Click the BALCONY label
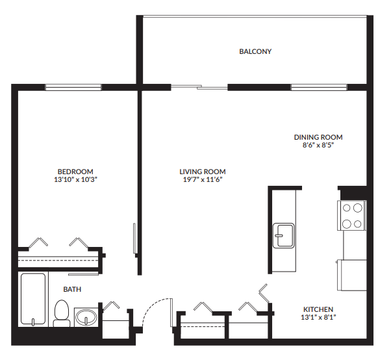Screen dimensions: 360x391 (x=255, y=51)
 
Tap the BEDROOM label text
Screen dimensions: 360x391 (x=75, y=171)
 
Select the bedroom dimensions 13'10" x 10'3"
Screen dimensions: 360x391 (x=75, y=179)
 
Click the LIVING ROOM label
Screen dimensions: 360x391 (x=203, y=172)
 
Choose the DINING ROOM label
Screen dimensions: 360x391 (x=318, y=137)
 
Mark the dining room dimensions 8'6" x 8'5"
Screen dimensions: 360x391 (x=318, y=145)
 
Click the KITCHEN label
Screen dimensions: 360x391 (x=318, y=309)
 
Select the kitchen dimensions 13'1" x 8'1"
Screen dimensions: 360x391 (x=318, y=317)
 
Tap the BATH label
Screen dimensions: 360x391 (x=72, y=289)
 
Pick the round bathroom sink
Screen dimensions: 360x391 (x=85, y=318)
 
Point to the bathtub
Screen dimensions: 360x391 (x=33, y=300)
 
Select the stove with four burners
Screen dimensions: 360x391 (x=351, y=216)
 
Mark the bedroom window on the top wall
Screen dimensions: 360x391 (x=73, y=87)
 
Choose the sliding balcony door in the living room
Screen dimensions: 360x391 (x=199, y=87)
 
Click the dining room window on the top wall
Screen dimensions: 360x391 (x=318, y=87)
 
